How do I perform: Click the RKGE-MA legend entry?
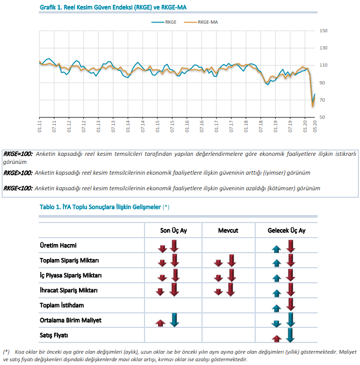(201, 22)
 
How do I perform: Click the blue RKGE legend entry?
(164, 22)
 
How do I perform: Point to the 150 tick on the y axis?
(323, 31)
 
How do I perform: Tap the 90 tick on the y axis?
(322, 83)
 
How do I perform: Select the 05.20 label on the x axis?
(315, 126)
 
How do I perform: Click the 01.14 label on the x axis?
(128, 126)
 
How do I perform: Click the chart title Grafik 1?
(113, 8)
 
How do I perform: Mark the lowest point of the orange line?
(312, 106)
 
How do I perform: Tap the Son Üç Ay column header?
(174, 231)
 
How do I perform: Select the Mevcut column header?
(228, 231)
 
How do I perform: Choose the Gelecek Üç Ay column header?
(286, 231)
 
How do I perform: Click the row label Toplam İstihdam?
(62, 305)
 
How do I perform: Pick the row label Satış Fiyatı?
(54, 335)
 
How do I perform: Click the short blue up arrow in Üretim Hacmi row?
(277, 249)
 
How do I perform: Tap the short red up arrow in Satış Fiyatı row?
(277, 339)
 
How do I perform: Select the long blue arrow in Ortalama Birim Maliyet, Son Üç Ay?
(174, 320)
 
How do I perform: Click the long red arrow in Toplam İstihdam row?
(291, 304)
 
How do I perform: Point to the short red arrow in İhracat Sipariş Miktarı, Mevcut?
(218, 292)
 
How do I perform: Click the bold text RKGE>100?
(18, 173)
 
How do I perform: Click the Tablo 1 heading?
(104, 207)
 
